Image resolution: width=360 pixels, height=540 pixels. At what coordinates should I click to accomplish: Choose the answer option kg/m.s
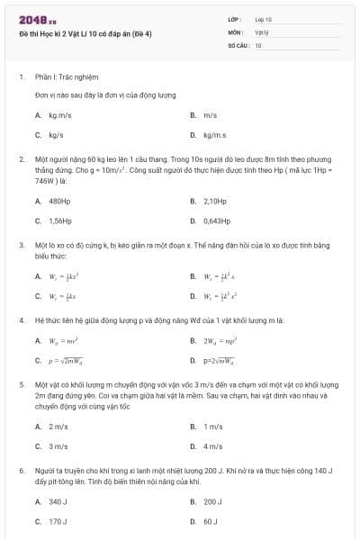(214, 135)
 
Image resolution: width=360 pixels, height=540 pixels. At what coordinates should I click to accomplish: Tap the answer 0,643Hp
(217, 220)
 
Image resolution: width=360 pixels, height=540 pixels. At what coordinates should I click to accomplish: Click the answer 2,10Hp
(215, 201)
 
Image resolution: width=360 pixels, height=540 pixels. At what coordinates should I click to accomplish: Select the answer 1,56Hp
(59, 220)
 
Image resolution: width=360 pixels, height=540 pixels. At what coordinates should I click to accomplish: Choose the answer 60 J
(211, 521)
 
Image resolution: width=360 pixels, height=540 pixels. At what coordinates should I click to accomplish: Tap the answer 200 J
(213, 501)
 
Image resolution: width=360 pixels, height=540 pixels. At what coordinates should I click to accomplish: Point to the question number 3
(21, 244)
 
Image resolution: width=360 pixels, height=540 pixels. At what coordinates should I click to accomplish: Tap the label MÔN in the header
(236, 31)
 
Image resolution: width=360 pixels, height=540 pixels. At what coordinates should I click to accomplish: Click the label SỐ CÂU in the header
(238, 44)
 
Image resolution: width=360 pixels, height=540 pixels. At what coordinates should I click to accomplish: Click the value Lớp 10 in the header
(264, 18)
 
